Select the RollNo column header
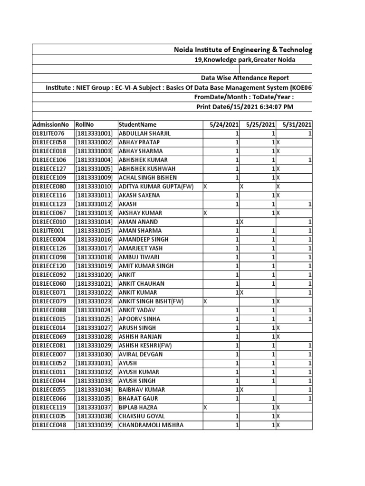(x=84, y=124)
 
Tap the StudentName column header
(x=137, y=124)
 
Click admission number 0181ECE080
(x=49, y=187)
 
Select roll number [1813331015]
(x=94, y=231)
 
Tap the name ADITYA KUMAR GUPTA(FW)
(x=156, y=187)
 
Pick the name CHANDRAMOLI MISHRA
(x=151, y=425)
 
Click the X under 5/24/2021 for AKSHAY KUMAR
(x=205, y=213)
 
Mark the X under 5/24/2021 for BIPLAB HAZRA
(x=205, y=407)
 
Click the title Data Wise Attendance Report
(x=245, y=78)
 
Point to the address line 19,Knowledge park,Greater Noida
(x=245, y=59)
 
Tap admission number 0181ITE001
(x=49, y=231)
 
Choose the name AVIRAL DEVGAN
(x=141, y=354)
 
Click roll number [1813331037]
(x=94, y=407)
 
